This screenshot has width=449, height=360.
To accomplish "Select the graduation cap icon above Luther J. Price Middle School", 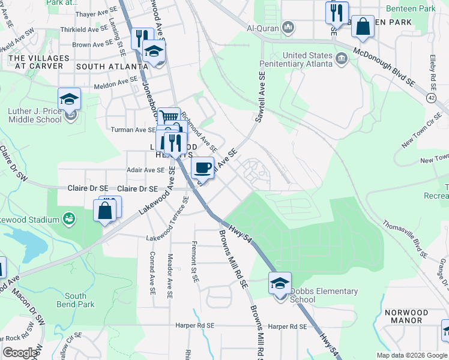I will (x=70, y=98).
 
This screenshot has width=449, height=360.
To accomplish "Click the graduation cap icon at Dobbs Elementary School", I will (x=280, y=283).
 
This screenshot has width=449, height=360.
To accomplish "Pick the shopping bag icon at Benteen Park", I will (x=363, y=26).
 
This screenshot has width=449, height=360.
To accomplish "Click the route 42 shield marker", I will (x=432, y=97).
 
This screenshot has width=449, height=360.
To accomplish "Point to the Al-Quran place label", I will (x=263, y=27).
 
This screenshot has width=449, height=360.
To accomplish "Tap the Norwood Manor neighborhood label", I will (x=406, y=316).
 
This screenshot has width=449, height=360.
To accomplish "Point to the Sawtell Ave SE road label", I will (x=260, y=98).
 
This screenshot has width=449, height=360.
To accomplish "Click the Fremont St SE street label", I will (x=194, y=255).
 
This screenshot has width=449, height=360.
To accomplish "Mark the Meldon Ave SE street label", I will (x=116, y=83).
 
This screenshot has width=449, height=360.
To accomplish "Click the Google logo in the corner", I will (x=20, y=353).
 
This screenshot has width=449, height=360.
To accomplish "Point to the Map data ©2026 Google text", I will (x=411, y=355).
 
